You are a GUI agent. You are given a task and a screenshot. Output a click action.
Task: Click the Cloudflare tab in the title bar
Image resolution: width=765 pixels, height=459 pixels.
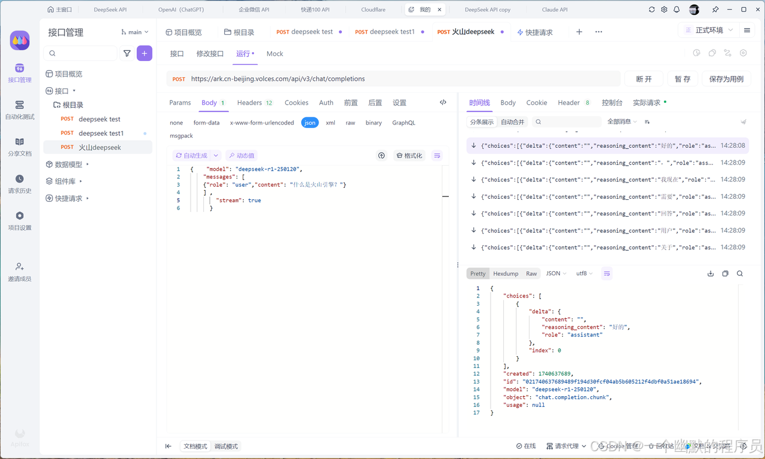point(373,10)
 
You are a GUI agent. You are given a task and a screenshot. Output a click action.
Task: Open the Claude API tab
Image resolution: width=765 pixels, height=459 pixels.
point(555,10)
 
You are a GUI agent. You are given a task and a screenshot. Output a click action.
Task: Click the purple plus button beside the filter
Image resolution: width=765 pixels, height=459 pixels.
point(144,53)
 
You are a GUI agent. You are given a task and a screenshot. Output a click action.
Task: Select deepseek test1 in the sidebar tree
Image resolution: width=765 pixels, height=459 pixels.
point(101,133)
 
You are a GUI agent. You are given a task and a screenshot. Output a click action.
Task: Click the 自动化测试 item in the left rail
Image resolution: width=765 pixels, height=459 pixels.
point(20,110)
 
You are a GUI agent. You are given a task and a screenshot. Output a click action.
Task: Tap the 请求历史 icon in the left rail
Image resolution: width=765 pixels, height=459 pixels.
point(20,179)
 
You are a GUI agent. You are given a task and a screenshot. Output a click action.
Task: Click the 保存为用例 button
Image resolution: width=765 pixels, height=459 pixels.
point(726,79)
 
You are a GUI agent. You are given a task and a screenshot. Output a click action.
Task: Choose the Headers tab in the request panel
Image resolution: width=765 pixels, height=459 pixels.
point(250,103)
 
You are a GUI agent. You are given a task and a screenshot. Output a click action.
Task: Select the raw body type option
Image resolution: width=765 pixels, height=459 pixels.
point(350,123)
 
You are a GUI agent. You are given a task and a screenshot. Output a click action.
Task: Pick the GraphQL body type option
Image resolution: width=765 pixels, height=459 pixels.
point(403,123)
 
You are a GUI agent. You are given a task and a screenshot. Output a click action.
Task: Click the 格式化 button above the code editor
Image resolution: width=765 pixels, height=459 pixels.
point(409,156)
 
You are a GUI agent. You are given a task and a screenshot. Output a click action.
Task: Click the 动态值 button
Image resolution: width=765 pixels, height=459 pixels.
point(241,156)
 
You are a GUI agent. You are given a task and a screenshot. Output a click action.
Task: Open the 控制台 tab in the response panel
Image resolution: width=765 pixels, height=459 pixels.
point(612,103)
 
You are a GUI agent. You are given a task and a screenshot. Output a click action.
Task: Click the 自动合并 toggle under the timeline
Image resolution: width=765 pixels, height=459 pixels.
point(512,122)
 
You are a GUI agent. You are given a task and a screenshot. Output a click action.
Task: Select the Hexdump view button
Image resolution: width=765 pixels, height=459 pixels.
point(506,273)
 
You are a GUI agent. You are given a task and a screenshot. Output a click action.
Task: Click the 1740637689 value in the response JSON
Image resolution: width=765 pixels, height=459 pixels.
point(555,373)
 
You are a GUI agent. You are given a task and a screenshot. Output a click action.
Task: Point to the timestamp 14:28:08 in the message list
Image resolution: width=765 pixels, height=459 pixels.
point(733,145)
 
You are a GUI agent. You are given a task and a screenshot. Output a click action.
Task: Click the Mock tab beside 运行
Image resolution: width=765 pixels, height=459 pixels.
point(275,54)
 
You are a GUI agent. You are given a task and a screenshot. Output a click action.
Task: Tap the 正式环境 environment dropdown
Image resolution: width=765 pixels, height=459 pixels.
point(709,31)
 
